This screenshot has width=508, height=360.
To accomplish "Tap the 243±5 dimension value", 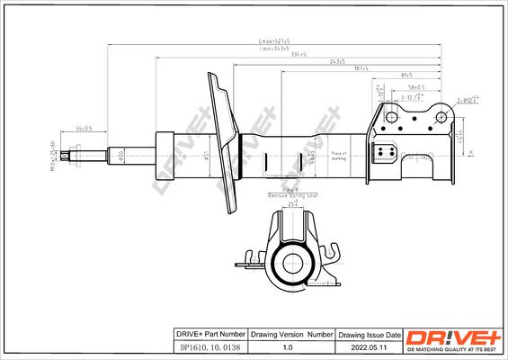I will (x=312, y=62).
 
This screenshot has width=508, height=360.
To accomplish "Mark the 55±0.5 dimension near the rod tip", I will (x=85, y=130).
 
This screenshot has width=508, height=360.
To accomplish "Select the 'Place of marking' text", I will (x=338, y=156).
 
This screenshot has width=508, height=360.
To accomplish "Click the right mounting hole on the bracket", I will (x=441, y=115).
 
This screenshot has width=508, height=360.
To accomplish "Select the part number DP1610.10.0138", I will (x=208, y=346).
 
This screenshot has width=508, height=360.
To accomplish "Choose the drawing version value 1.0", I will (x=289, y=346).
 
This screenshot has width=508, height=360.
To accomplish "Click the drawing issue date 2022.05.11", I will (x=364, y=346).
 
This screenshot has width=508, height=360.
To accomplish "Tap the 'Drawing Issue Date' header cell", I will (x=364, y=332).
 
